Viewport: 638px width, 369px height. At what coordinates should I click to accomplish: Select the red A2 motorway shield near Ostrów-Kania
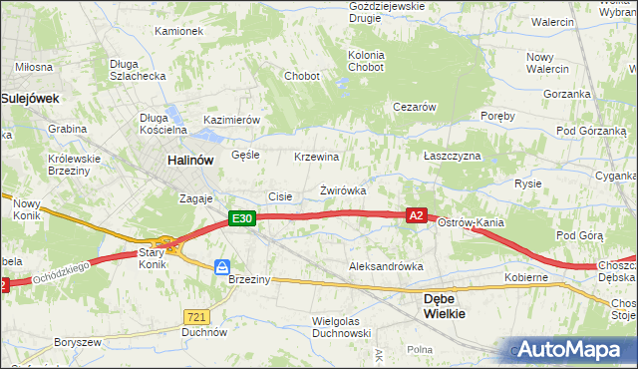(x=417, y=214)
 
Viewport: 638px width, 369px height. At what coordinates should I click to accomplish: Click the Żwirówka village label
(x=343, y=189)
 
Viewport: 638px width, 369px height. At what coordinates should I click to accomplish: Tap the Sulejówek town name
(x=31, y=98)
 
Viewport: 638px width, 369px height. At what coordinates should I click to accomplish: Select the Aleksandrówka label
(x=386, y=266)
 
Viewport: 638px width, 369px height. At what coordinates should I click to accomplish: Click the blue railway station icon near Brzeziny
(x=223, y=266)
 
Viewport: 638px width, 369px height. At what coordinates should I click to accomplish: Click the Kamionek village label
(x=179, y=31)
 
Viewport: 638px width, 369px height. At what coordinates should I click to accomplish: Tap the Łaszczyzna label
(x=452, y=157)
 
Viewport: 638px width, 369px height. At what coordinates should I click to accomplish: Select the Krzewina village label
(x=316, y=157)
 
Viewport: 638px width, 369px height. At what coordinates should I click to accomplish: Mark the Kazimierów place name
(x=231, y=120)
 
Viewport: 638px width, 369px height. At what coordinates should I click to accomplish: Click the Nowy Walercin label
(x=547, y=63)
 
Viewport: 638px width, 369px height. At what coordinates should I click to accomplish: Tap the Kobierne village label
(x=526, y=276)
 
